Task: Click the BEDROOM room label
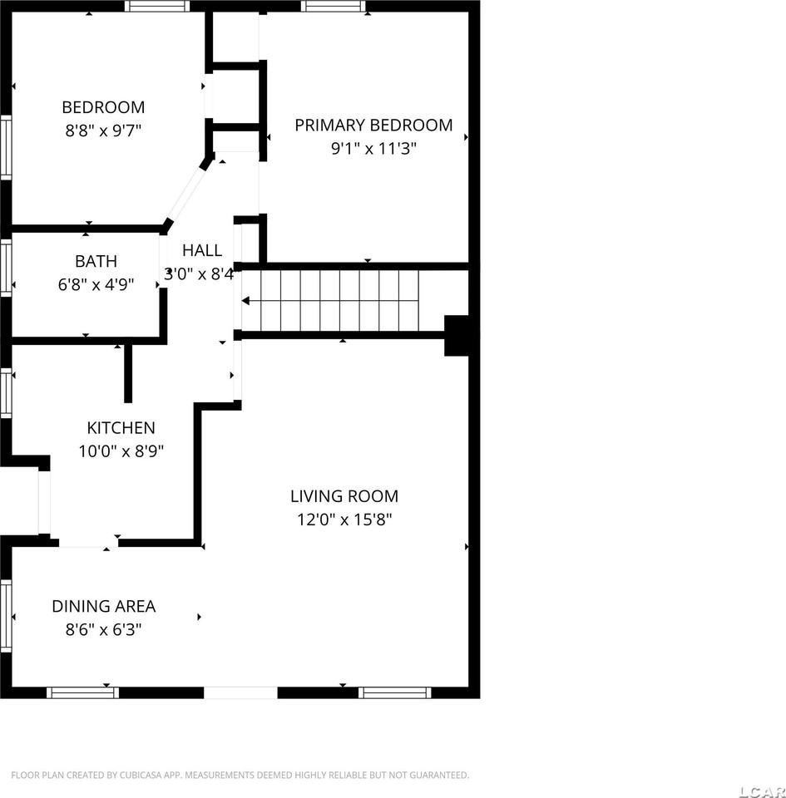[x=103, y=107]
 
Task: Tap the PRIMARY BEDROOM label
[x=373, y=126]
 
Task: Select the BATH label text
[x=96, y=261]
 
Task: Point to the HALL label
[x=202, y=250]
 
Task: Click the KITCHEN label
[x=121, y=428]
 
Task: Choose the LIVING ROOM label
[x=344, y=496]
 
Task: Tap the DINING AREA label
[x=103, y=606]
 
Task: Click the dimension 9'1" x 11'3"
[x=373, y=149]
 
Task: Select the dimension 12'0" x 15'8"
[x=344, y=520]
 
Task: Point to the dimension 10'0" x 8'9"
[x=121, y=451]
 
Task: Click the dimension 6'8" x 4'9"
[x=96, y=284]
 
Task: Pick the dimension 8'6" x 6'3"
[x=103, y=629]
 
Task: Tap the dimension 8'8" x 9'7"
[x=103, y=131]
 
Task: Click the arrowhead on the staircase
[x=246, y=301]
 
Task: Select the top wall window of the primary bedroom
[x=334, y=6]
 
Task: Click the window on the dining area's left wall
[x=6, y=616]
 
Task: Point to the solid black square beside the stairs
[x=457, y=335]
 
